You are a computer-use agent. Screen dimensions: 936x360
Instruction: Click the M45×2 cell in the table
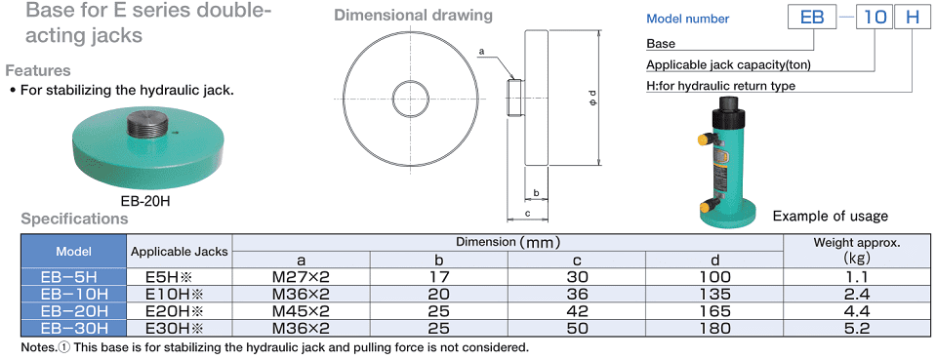[301, 311]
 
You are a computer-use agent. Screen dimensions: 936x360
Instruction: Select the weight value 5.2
[857, 328]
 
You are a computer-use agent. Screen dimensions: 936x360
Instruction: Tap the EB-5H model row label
[74, 277]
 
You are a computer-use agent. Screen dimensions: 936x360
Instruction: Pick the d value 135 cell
[714, 294]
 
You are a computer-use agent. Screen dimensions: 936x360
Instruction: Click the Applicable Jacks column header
[180, 252]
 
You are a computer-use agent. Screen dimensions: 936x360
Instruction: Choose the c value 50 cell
[577, 328]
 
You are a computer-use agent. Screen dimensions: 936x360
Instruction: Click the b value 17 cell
[439, 277]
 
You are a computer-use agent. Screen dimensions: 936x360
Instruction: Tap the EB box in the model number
[811, 17]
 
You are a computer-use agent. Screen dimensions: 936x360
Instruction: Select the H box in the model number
[913, 17]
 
